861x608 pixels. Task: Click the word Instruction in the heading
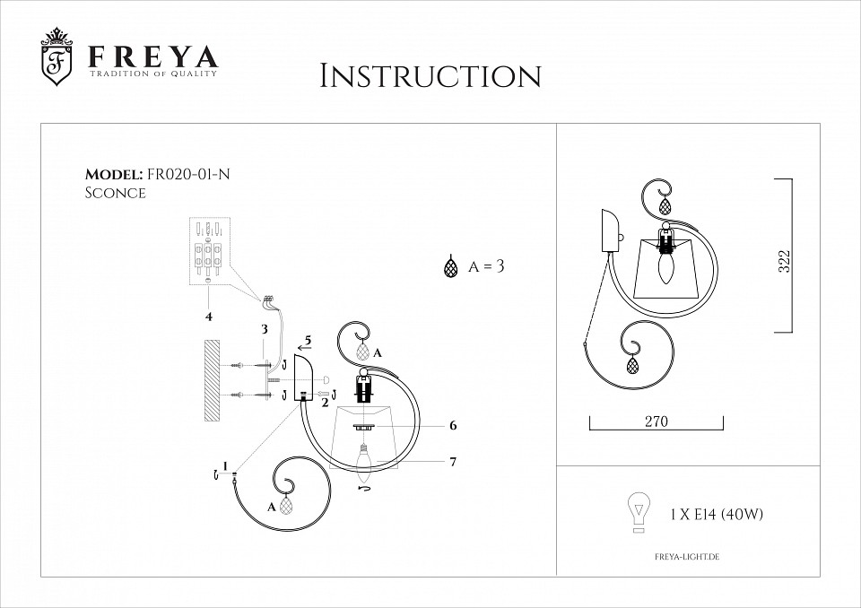tap(430, 76)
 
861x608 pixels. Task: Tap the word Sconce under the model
tap(115, 193)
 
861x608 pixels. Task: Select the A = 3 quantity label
tap(488, 267)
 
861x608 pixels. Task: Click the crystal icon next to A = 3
tap(450, 267)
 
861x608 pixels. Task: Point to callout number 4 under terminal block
tap(208, 316)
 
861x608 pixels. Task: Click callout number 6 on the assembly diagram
tap(454, 426)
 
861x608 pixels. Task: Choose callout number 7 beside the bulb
tap(454, 462)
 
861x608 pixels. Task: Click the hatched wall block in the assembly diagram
tap(212, 380)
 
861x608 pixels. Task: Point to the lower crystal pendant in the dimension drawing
tap(633, 365)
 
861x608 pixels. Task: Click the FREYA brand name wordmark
tap(152, 57)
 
